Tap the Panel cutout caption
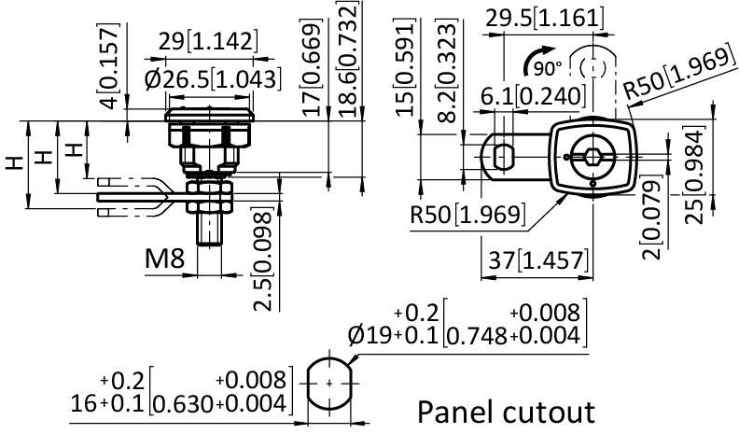click(x=505, y=411)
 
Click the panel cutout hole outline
click(x=330, y=382)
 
